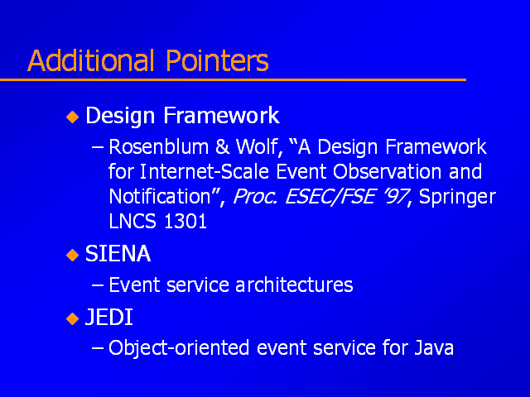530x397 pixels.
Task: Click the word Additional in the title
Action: tap(90, 60)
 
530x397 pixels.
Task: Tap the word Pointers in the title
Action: tap(217, 60)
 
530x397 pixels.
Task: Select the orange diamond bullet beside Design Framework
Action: tap(72, 117)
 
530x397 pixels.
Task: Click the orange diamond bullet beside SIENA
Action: tap(72, 256)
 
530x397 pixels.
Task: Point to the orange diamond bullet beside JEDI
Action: tap(72, 318)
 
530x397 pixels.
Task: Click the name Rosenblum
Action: tap(158, 147)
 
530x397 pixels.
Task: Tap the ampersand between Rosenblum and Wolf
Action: tap(222, 147)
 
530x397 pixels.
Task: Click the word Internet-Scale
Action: tap(205, 171)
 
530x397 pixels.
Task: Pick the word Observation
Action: tap(387, 171)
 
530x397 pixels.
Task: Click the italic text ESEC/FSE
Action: tap(330, 197)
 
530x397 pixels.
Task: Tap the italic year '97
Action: tap(396, 197)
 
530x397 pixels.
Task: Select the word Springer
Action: tap(457, 198)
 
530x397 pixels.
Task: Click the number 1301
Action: tap(185, 222)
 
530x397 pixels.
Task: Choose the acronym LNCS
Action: tap(132, 222)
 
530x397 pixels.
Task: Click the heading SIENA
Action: tap(118, 254)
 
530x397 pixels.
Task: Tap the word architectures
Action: tap(294, 285)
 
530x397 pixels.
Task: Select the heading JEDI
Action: tap(108, 318)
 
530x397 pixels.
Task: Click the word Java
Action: tap(434, 347)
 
